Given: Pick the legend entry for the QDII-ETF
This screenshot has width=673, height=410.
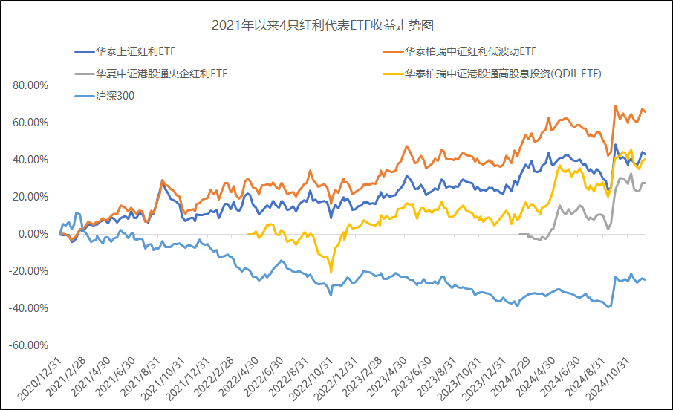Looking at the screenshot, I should [502, 74].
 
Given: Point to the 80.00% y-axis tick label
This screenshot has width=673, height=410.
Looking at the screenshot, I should [30, 85].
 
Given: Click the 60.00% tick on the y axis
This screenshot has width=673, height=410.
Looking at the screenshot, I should [30, 123].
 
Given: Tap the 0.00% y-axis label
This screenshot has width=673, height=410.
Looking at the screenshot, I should [33, 234].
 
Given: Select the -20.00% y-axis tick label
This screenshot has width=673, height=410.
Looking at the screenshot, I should [29, 271].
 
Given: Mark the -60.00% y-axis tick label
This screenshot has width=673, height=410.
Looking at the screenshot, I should [29, 345].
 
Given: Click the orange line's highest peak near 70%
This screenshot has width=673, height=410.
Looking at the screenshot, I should [616, 106].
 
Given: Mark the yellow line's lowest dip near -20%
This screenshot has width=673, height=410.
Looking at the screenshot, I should [331, 272].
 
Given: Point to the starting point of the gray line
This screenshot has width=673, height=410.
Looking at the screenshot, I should [518, 235].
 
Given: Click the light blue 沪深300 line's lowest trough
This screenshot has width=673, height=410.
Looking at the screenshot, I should [609, 307].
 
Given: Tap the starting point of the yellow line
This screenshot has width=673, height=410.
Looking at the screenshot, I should [247, 234].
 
